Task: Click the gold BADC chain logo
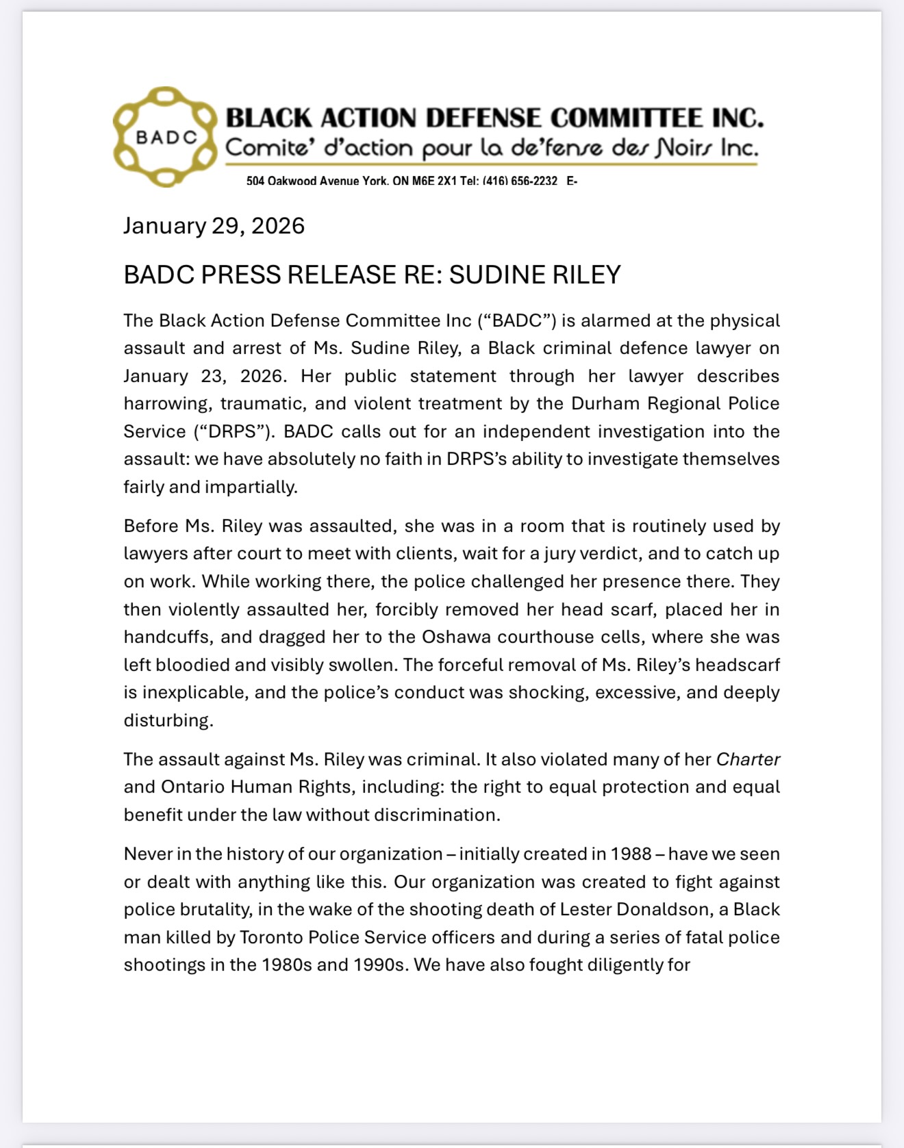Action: point(166,137)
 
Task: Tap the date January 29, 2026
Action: point(214,226)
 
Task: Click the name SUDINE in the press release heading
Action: point(491,275)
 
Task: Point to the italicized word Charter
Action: point(748,759)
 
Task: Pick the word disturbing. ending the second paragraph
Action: point(168,720)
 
